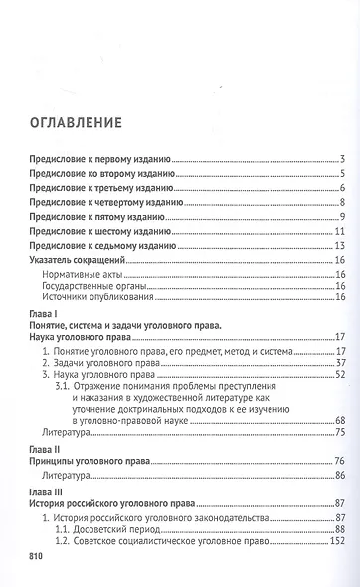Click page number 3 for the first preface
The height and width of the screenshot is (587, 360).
[341, 159]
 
